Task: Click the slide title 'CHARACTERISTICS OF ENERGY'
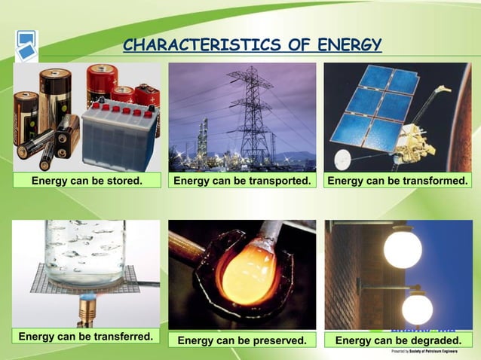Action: click(253, 45)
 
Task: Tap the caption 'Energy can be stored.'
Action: click(87, 181)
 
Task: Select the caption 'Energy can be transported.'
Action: click(242, 181)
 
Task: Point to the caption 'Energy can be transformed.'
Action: click(398, 181)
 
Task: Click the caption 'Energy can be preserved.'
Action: click(242, 340)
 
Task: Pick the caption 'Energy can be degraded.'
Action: click(398, 340)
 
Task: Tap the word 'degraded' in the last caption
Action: click(436, 340)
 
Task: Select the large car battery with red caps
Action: click(117, 136)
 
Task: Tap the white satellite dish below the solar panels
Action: click(344, 157)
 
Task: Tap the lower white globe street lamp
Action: click(417, 308)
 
